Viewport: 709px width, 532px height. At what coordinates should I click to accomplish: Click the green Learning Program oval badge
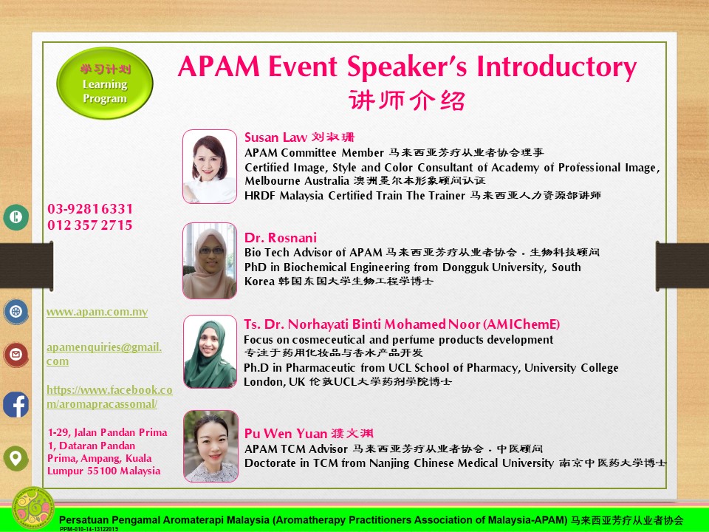(104, 83)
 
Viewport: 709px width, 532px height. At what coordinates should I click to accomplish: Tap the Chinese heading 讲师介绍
(406, 100)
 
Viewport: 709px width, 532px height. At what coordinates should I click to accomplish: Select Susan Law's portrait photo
(210, 166)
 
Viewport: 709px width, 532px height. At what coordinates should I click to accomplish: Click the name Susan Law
(275, 137)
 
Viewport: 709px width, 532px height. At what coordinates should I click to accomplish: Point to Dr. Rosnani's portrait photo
(210, 261)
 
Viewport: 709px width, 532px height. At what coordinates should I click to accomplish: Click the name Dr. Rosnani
(281, 237)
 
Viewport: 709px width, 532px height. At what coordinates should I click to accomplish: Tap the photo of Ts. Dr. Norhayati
(210, 352)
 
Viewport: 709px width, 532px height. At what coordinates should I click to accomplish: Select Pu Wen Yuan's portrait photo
(210, 446)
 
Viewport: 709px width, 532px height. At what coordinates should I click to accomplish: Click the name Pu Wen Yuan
(285, 434)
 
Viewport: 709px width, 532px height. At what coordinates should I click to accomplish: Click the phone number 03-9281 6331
(90, 209)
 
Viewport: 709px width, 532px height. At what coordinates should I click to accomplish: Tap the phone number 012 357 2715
(90, 225)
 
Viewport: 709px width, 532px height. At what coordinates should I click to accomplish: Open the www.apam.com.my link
(97, 312)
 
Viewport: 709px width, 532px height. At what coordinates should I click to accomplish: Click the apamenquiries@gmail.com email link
(104, 354)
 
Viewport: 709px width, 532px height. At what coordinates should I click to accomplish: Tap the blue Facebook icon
(16, 404)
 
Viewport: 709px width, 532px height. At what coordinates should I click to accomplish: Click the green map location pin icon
(16, 458)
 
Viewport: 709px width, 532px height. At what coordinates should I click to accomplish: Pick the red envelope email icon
(16, 355)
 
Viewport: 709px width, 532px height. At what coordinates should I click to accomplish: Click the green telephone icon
(16, 217)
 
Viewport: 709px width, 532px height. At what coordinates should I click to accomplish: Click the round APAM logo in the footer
(33, 508)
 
